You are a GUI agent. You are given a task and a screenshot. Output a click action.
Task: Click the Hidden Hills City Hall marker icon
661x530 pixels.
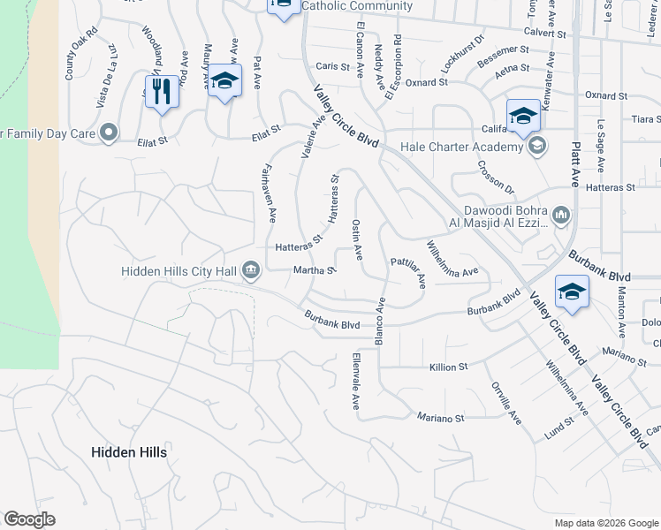[x=251, y=269]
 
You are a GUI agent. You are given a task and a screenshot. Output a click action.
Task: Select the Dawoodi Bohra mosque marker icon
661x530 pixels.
[x=560, y=215]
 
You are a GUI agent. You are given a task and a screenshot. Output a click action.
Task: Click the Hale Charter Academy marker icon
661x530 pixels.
[x=535, y=147]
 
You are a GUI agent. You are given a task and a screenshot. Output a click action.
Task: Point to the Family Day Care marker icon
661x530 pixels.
[x=110, y=133]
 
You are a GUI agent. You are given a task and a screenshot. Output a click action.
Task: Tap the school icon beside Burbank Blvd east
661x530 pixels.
[x=571, y=291]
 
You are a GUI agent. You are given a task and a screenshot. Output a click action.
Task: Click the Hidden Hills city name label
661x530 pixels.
[x=129, y=451]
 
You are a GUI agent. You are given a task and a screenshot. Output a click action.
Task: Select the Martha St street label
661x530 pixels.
[x=313, y=270]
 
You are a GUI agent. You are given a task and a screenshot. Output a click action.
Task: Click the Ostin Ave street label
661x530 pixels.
[x=357, y=240]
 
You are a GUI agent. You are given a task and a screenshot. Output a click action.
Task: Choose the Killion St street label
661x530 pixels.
[x=448, y=367]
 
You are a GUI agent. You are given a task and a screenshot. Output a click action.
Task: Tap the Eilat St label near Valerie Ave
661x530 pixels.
[x=265, y=129]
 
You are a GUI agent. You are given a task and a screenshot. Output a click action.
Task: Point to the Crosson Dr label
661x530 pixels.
[x=496, y=177]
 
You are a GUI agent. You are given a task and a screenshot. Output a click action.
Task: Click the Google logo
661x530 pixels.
[x=29, y=519]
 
